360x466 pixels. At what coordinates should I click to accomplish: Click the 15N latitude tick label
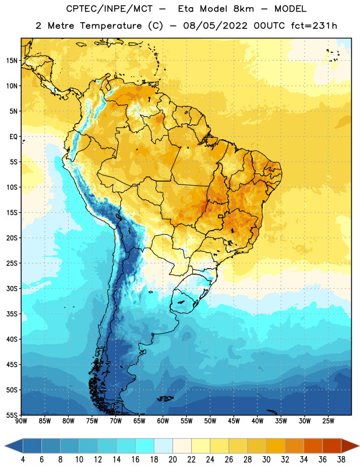pyautogui.click(x=12, y=61)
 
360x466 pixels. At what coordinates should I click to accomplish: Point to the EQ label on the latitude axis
pyautogui.click(x=13, y=137)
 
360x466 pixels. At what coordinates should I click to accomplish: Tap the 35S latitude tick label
pyautogui.click(x=12, y=314)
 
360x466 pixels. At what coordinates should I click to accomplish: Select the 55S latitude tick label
pyautogui.click(x=12, y=415)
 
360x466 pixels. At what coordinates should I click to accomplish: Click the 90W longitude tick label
pyautogui.click(x=21, y=421)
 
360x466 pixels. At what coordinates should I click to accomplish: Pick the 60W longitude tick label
pyautogui.click(x=163, y=421)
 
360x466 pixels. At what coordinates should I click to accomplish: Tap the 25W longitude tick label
pyautogui.click(x=329, y=421)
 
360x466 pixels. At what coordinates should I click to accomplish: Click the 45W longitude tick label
pyautogui.click(x=234, y=421)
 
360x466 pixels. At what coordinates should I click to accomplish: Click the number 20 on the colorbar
pyautogui.click(x=172, y=460)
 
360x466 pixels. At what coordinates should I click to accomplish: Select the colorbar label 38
pyautogui.click(x=341, y=460)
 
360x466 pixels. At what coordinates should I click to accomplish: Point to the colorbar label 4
pyautogui.click(x=23, y=460)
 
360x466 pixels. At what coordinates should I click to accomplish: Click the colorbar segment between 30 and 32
pyautogui.click(x=276, y=446)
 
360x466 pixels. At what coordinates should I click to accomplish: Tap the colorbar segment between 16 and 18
pyautogui.click(x=144, y=446)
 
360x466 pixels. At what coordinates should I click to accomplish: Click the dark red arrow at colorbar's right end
pyautogui.click(x=350, y=446)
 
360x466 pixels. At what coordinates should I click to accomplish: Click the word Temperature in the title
pyautogui.click(x=111, y=26)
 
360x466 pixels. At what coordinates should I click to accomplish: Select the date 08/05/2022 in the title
pyautogui.click(x=215, y=26)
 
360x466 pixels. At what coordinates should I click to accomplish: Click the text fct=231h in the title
pyautogui.click(x=314, y=26)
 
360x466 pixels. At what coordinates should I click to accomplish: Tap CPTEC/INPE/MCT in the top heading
pyautogui.click(x=110, y=9)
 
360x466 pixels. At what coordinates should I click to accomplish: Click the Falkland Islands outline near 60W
pyautogui.click(x=165, y=398)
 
